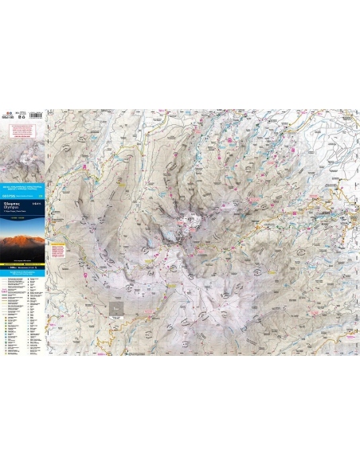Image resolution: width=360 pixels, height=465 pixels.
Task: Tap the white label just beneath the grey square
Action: click(x=117, y=322)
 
